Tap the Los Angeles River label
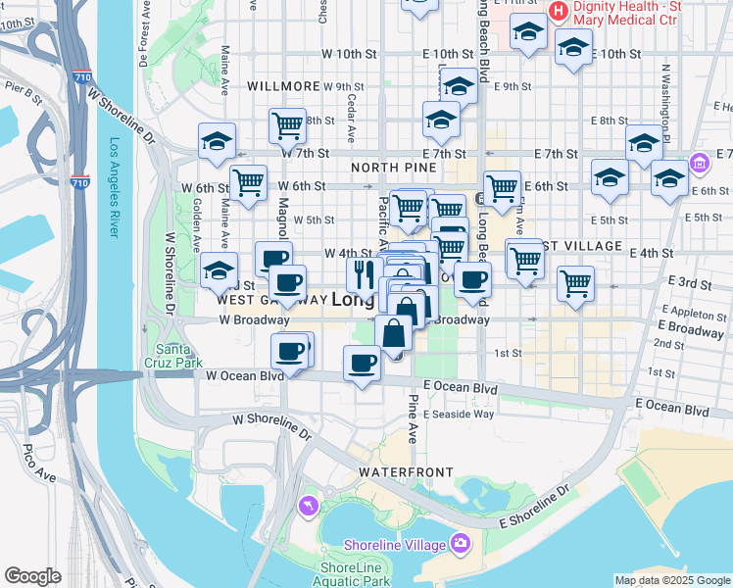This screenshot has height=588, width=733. [x=114, y=187]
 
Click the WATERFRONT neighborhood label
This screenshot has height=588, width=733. [x=406, y=472]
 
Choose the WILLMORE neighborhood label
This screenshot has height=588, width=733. [x=283, y=86]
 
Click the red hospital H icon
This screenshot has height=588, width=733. [x=559, y=11]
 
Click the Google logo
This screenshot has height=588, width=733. [x=32, y=576]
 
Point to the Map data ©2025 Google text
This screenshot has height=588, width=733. [x=671, y=580]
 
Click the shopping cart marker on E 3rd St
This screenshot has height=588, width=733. [x=575, y=283]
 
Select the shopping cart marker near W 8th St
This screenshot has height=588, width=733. [x=288, y=124]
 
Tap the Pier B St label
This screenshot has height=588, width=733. [x=19, y=95]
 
